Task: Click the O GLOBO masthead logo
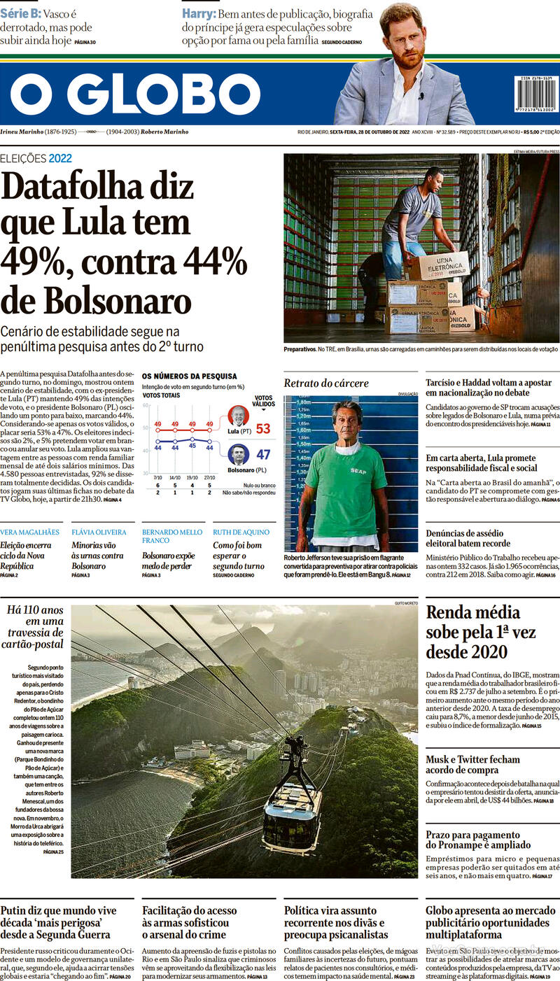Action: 135,94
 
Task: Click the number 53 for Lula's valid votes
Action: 263,428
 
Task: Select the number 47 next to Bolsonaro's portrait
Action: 263,455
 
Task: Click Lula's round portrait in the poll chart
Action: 239,416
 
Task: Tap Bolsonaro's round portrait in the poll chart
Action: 238,455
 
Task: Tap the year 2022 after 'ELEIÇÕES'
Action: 60,158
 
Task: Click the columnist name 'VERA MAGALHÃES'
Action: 30,532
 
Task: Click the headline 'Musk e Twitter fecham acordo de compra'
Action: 472,765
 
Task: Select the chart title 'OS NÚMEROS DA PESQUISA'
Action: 189,376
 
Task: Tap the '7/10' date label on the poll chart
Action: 157,477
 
